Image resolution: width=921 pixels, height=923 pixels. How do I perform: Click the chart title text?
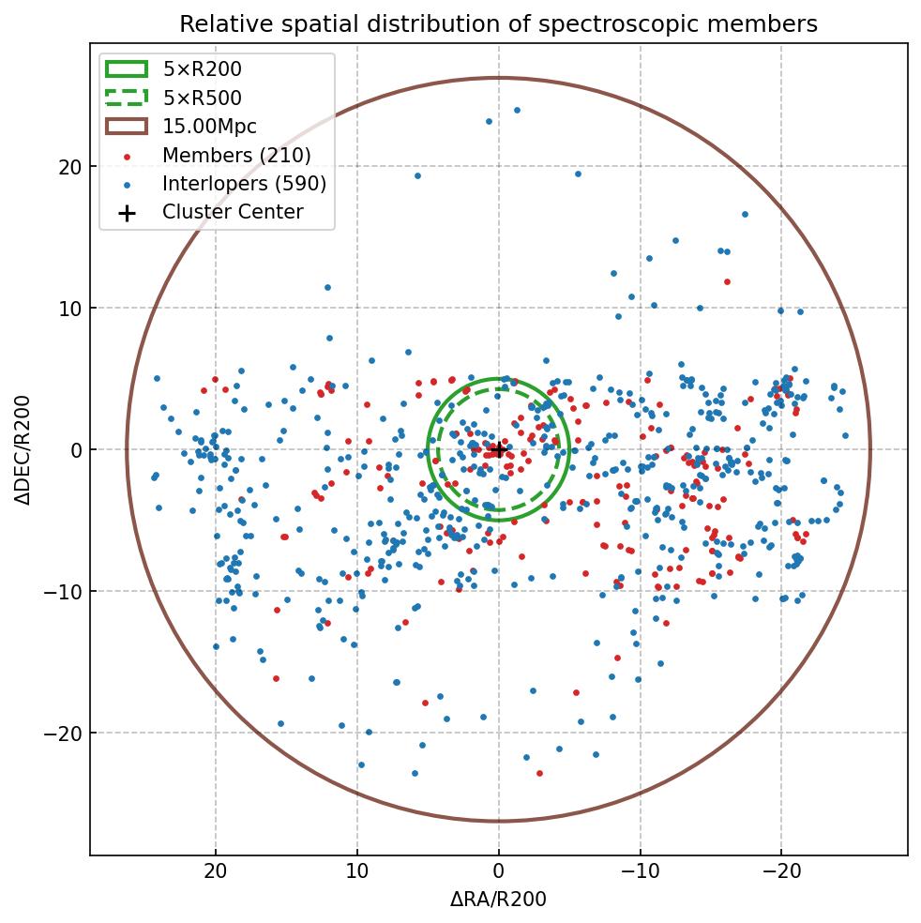pos(498,23)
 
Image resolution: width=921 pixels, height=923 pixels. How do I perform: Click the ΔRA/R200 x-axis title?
pos(498,900)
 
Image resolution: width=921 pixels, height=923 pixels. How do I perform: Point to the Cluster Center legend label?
pos(233,212)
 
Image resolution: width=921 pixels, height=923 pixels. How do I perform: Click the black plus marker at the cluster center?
pos(498,449)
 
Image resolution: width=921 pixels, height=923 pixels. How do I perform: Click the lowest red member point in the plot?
pos(539,773)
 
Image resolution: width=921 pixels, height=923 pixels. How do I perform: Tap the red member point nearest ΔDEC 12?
pos(727,281)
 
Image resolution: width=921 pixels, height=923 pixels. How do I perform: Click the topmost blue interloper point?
pos(517,110)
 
